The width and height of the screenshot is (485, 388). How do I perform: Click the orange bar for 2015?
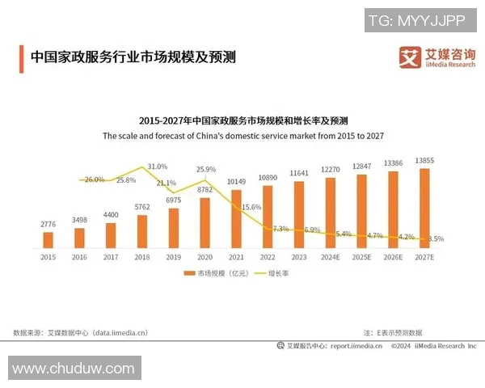[48, 239]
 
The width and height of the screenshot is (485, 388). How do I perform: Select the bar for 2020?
[205, 221]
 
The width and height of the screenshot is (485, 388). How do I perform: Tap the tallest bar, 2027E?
[424, 207]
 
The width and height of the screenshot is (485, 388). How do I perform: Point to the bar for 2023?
[298, 213]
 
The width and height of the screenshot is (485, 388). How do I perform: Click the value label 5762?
[141, 207]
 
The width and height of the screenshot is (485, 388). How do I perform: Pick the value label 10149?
[236, 181]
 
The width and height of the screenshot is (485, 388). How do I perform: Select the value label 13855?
[424, 161]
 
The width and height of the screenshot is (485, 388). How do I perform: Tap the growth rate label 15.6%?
[251, 208]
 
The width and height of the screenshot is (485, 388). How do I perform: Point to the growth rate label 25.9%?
[206, 170]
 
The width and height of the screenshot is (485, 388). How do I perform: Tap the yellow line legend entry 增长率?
[275, 274]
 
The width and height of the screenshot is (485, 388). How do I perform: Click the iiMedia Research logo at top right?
[436, 57]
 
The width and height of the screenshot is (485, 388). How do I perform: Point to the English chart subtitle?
[242, 137]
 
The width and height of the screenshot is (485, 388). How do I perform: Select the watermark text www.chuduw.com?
[73, 369]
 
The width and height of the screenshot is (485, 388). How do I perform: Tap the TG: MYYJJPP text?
[421, 19]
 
